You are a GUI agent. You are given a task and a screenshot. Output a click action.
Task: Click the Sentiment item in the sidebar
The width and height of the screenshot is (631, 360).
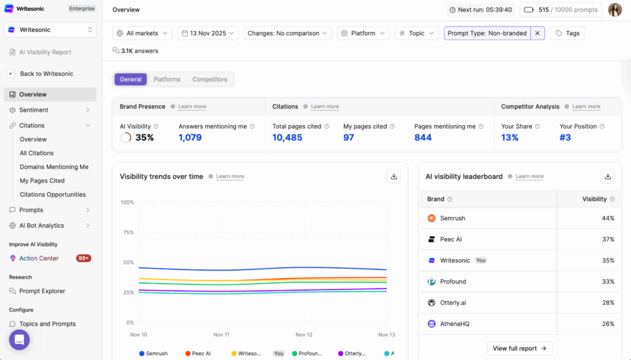(33, 110)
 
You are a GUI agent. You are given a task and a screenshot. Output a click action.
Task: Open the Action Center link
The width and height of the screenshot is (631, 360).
(38, 258)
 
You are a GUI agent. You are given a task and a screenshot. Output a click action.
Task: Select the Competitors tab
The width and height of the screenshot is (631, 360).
(210, 80)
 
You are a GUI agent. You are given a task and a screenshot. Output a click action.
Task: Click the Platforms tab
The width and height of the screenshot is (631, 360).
(167, 80)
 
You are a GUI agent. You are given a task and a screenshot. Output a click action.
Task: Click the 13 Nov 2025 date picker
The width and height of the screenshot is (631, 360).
(208, 33)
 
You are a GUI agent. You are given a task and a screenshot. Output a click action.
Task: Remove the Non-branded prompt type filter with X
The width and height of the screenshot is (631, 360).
(538, 33)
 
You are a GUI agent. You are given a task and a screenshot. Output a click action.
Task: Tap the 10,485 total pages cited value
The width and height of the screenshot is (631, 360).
(287, 137)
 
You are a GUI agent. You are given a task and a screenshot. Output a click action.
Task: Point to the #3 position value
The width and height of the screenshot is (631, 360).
(565, 137)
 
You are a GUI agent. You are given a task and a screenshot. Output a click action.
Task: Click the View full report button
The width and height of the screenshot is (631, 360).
(519, 348)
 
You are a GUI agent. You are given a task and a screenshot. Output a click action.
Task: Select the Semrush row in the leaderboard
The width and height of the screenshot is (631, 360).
(452, 218)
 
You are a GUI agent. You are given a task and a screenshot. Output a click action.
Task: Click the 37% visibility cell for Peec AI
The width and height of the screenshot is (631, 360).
(608, 239)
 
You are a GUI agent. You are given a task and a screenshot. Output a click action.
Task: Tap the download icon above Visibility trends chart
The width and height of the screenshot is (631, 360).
(394, 176)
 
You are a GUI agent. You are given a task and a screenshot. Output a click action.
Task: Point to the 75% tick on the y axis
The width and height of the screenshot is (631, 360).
(128, 232)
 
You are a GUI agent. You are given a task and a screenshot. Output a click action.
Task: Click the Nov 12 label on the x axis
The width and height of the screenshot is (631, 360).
(304, 335)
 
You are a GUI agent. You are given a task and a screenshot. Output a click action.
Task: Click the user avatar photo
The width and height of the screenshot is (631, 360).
(614, 10)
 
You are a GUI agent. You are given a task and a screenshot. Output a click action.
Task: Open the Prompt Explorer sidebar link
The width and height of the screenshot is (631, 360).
(42, 291)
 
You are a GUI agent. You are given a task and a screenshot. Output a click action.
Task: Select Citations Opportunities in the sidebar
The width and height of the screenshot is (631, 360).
(52, 194)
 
